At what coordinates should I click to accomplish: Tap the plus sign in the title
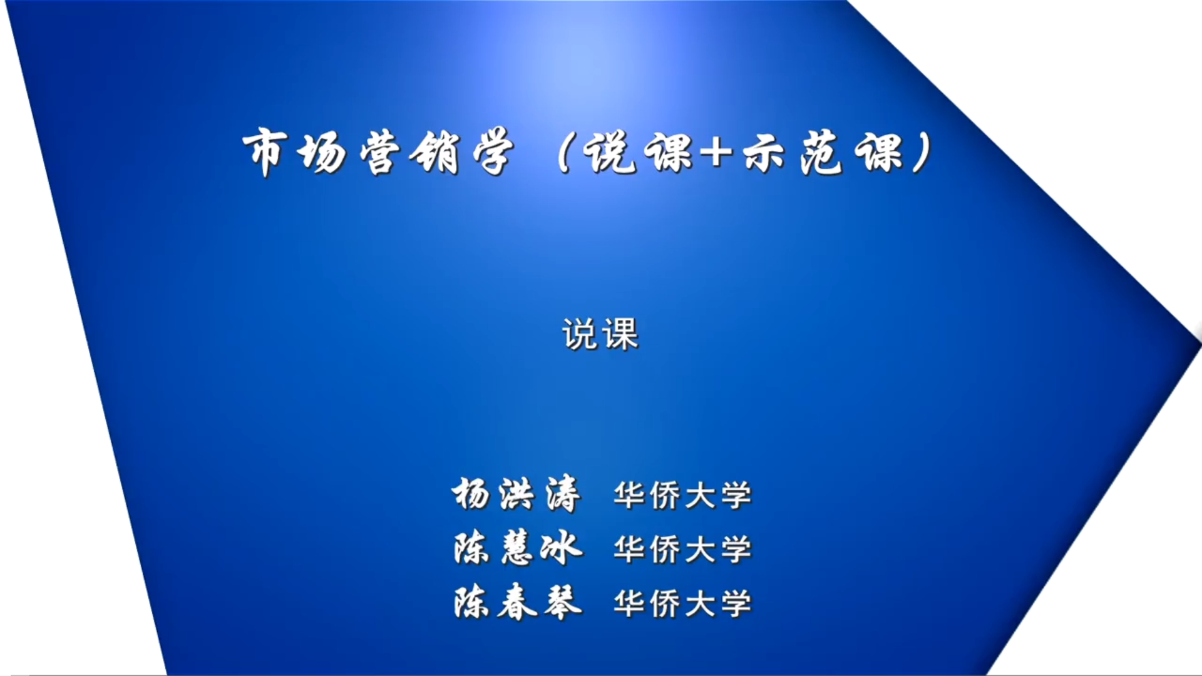(x=716, y=153)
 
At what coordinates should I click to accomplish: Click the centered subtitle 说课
(x=600, y=334)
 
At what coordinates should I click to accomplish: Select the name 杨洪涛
(x=516, y=494)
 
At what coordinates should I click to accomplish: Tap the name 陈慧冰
(x=518, y=548)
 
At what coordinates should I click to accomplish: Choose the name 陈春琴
(x=518, y=602)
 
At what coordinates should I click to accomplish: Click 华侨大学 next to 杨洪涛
(x=683, y=496)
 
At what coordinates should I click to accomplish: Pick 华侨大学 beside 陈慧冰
(x=683, y=550)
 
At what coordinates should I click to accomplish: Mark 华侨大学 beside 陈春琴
(x=683, y=603)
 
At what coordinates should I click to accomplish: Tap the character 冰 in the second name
(x=562, y=548)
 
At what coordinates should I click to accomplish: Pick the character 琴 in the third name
(x=563, y=602)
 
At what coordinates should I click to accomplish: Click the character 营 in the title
(x=379, y=152)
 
